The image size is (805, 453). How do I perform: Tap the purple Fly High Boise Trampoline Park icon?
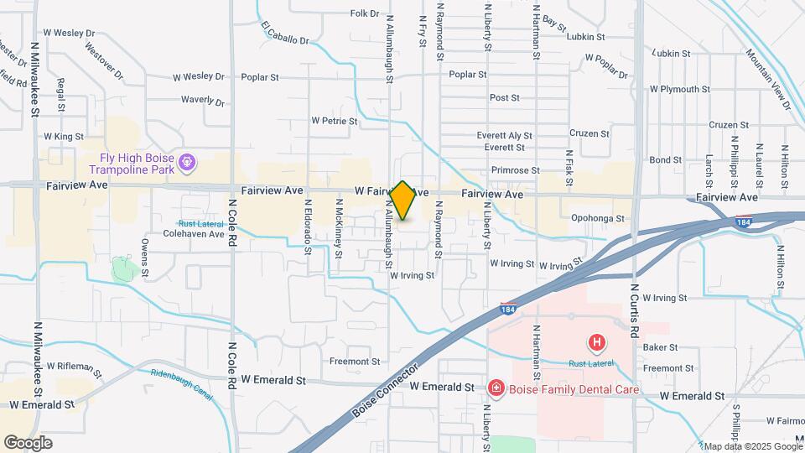click(x=187, y=159)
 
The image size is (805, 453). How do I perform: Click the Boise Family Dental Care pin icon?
click(x=496, y=388)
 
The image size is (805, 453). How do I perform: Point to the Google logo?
click(x=28, y=443)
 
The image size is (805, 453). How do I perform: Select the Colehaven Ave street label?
click(x=194, y=234)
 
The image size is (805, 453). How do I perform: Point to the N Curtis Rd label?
click(x=634, y=305)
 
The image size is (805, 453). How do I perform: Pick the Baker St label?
click(x=660, y=347)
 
